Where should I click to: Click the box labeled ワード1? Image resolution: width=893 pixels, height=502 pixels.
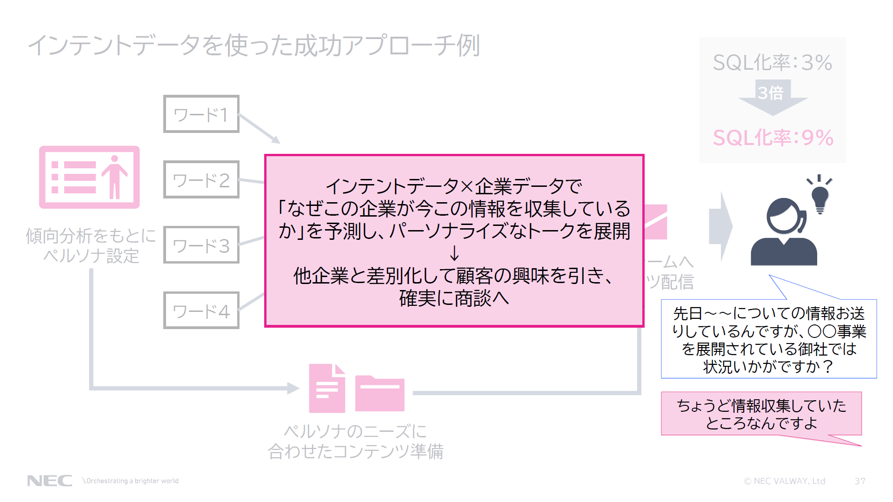click(x=201, y=114)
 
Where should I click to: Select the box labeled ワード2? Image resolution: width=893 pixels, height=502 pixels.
click(x=201, y=180)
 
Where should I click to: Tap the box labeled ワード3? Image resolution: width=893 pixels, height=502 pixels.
click(x=201, y=245)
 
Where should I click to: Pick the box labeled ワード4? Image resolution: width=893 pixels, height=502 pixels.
click(x=201, y=310)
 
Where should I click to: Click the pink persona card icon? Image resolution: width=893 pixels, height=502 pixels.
click(x=89, y=178)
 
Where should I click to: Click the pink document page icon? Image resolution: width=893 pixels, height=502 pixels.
click(x=327, y=389)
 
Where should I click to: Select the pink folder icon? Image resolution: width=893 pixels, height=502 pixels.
click(x=380, y=393)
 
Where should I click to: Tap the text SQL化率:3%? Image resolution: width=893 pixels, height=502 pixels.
click(x=773, y=63)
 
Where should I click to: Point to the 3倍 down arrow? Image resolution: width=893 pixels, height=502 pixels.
click(x=772, y=97)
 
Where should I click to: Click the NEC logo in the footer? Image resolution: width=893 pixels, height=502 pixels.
click(x=50, y=481)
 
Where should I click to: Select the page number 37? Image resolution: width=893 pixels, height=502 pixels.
click(x=860, y=481)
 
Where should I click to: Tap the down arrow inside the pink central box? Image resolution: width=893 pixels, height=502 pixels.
click(x=454, y=253)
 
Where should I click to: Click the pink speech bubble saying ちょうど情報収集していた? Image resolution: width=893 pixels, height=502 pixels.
click(x=761, y=414)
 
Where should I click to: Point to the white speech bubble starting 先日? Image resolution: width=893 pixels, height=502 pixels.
click(x=769, y=339)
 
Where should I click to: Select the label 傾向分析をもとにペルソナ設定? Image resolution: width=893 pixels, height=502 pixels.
click(x=91, y=245)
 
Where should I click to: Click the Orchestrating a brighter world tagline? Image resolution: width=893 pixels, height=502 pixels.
click(x=132, y=481)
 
